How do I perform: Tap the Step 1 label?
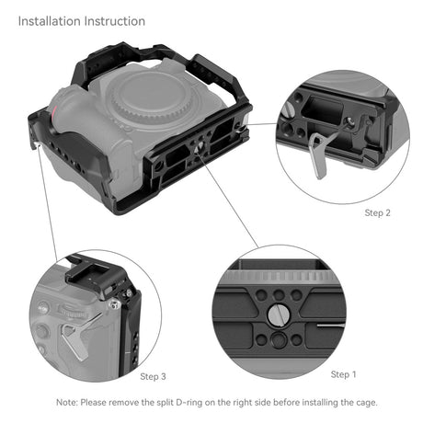(x=343, y=374)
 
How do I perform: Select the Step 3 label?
(x=153, y=376)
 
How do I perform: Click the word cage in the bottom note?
(x=354, y=403)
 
